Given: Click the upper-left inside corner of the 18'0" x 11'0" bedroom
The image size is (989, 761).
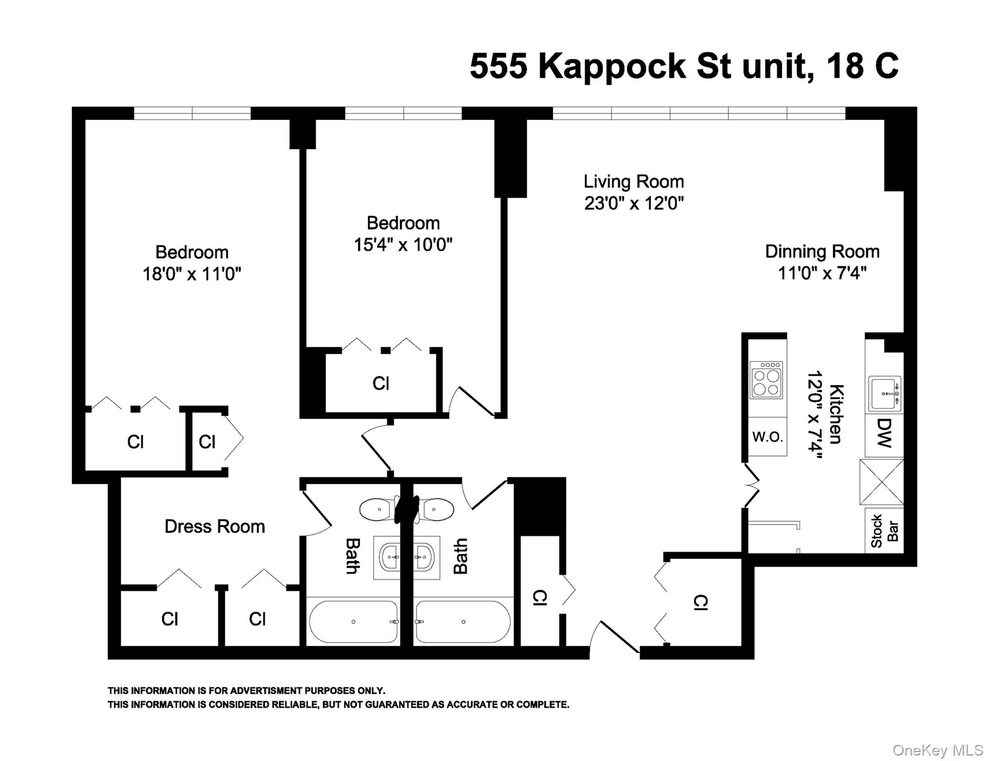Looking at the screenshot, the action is pyautogui.click(x=86, y=120).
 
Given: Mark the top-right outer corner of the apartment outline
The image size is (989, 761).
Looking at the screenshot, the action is pyautogui.click(x=917, y=107).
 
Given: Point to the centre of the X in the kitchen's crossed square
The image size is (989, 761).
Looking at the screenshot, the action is pyautogui.click(x=882, y=482).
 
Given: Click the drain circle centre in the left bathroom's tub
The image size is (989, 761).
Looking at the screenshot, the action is pyautogui.click(x=353, y=622).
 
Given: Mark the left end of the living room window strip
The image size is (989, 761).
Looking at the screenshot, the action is pyautogui.click(x=553, y=113).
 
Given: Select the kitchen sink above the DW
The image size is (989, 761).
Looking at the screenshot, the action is pyautogui.click(x=884, y=394).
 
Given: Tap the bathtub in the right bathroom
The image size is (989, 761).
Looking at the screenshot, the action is pyautogui.click(x=463, y=622).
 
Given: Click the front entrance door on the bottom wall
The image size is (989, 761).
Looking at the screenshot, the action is pyautogui.click(x=614, y=637).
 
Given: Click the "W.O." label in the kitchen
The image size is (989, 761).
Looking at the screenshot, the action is pyautogui.click(x=768, y=436).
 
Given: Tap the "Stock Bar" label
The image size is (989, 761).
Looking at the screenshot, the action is pyautogui.click(x=884, y=531).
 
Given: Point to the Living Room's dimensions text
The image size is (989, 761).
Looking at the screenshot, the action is pyautogui.click(x=634, y=203).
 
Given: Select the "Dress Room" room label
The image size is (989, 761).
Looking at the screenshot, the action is pyautogui.click(x=215, y=526).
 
